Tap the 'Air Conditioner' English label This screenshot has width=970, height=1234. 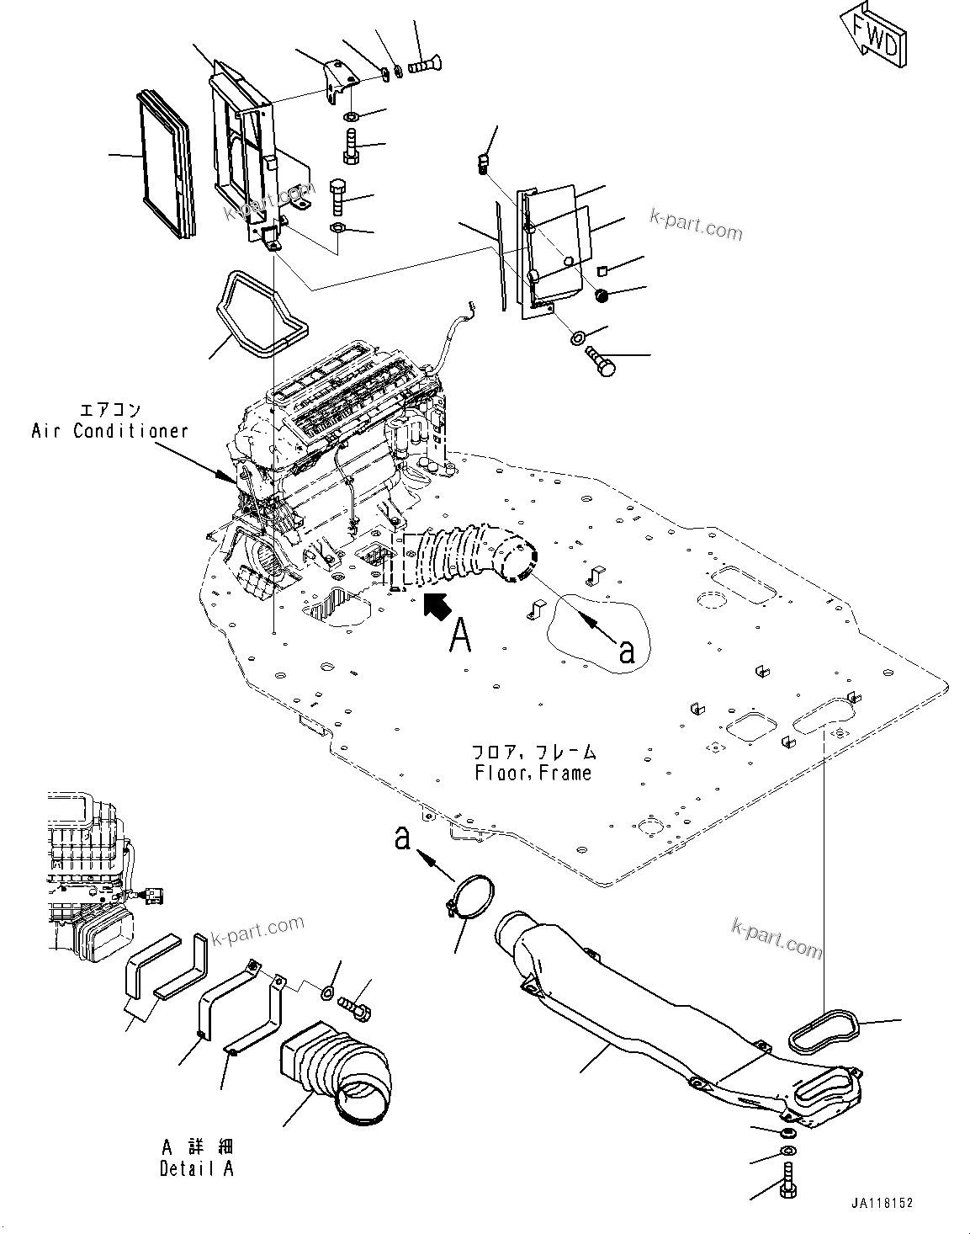(109, 431)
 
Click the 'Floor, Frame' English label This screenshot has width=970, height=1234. (532, 772)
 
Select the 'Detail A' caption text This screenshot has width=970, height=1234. (197, 1168)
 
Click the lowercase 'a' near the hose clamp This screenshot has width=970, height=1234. (403, 838)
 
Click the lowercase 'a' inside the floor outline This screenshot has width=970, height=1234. (625, 650)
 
